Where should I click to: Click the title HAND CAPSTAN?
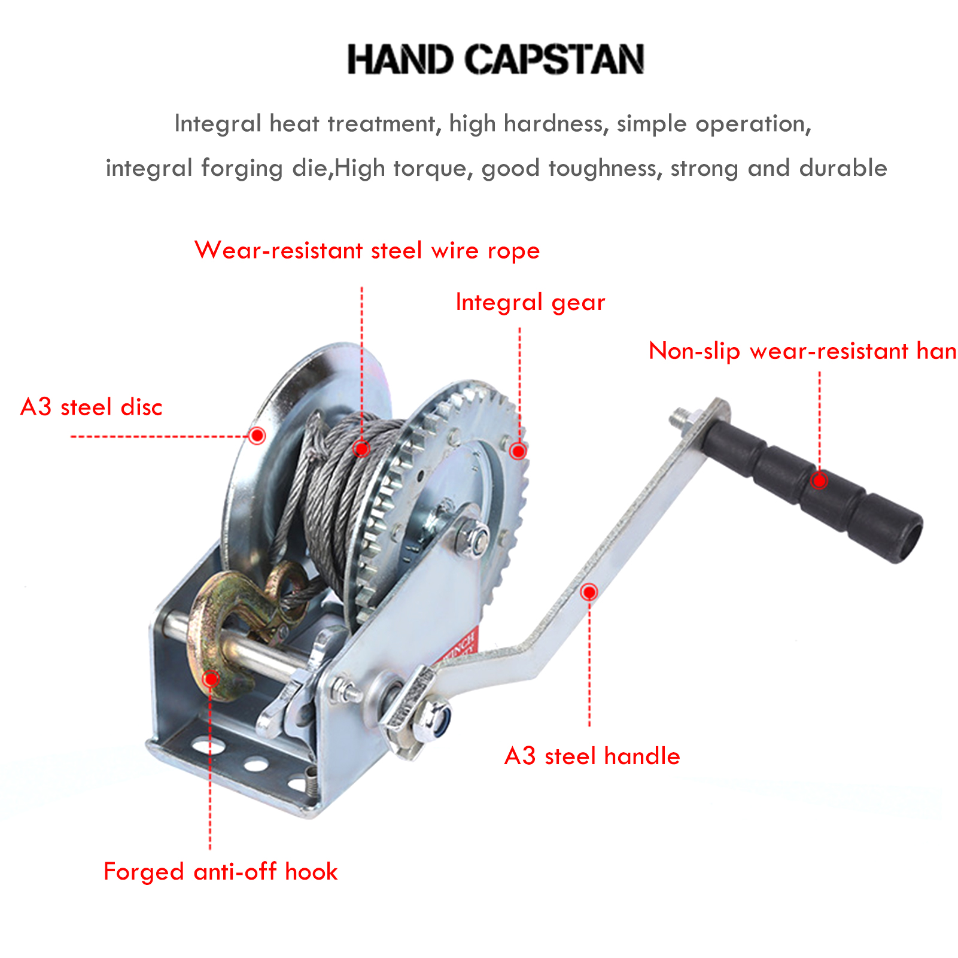(x=495, y=59)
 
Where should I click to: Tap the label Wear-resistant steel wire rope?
(x=367, y=250)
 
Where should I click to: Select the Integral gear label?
(x=530, y=302)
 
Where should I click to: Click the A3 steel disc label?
(x=91, y=407)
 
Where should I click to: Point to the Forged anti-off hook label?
(x=220, y=871)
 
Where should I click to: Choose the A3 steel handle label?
(x=592, y=756)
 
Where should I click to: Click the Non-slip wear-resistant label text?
(x=802, y=351)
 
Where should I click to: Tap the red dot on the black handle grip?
(x=819, y=480)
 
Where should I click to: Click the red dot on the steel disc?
(x=257, y=435)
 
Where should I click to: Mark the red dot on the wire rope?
(x=361, y=448)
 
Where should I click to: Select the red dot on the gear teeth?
(x=518, y=450)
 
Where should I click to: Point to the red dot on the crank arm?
(x=589, y=592)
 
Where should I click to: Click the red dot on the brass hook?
(x=211, y=679)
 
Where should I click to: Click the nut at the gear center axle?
(x=472, y=537)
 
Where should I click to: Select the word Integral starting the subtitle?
(x=218, y=124)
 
